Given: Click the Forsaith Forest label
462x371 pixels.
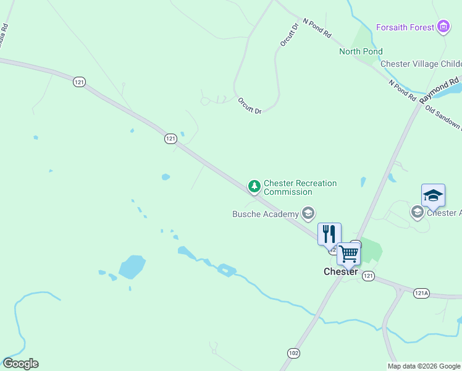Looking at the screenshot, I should coord(405,27).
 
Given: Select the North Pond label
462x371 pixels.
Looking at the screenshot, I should coord(361,51).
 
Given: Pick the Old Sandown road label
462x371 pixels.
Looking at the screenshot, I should coord(443,117).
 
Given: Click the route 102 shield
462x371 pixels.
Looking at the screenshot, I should coord(294,352).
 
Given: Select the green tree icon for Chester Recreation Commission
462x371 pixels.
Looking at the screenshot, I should coord(254,186).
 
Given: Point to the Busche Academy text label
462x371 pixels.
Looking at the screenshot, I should coord(265,215).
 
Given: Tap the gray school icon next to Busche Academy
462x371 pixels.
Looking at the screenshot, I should coord(308,214).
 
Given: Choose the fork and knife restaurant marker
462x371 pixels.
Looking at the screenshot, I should coord(329,233).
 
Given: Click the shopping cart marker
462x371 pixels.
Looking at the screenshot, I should coord(348,254).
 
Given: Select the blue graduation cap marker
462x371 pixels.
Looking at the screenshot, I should coord(433,195).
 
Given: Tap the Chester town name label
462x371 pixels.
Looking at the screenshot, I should coord(341,271).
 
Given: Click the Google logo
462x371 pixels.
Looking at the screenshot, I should coord(20,364).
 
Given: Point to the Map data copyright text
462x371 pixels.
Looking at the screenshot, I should coord(424,366).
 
